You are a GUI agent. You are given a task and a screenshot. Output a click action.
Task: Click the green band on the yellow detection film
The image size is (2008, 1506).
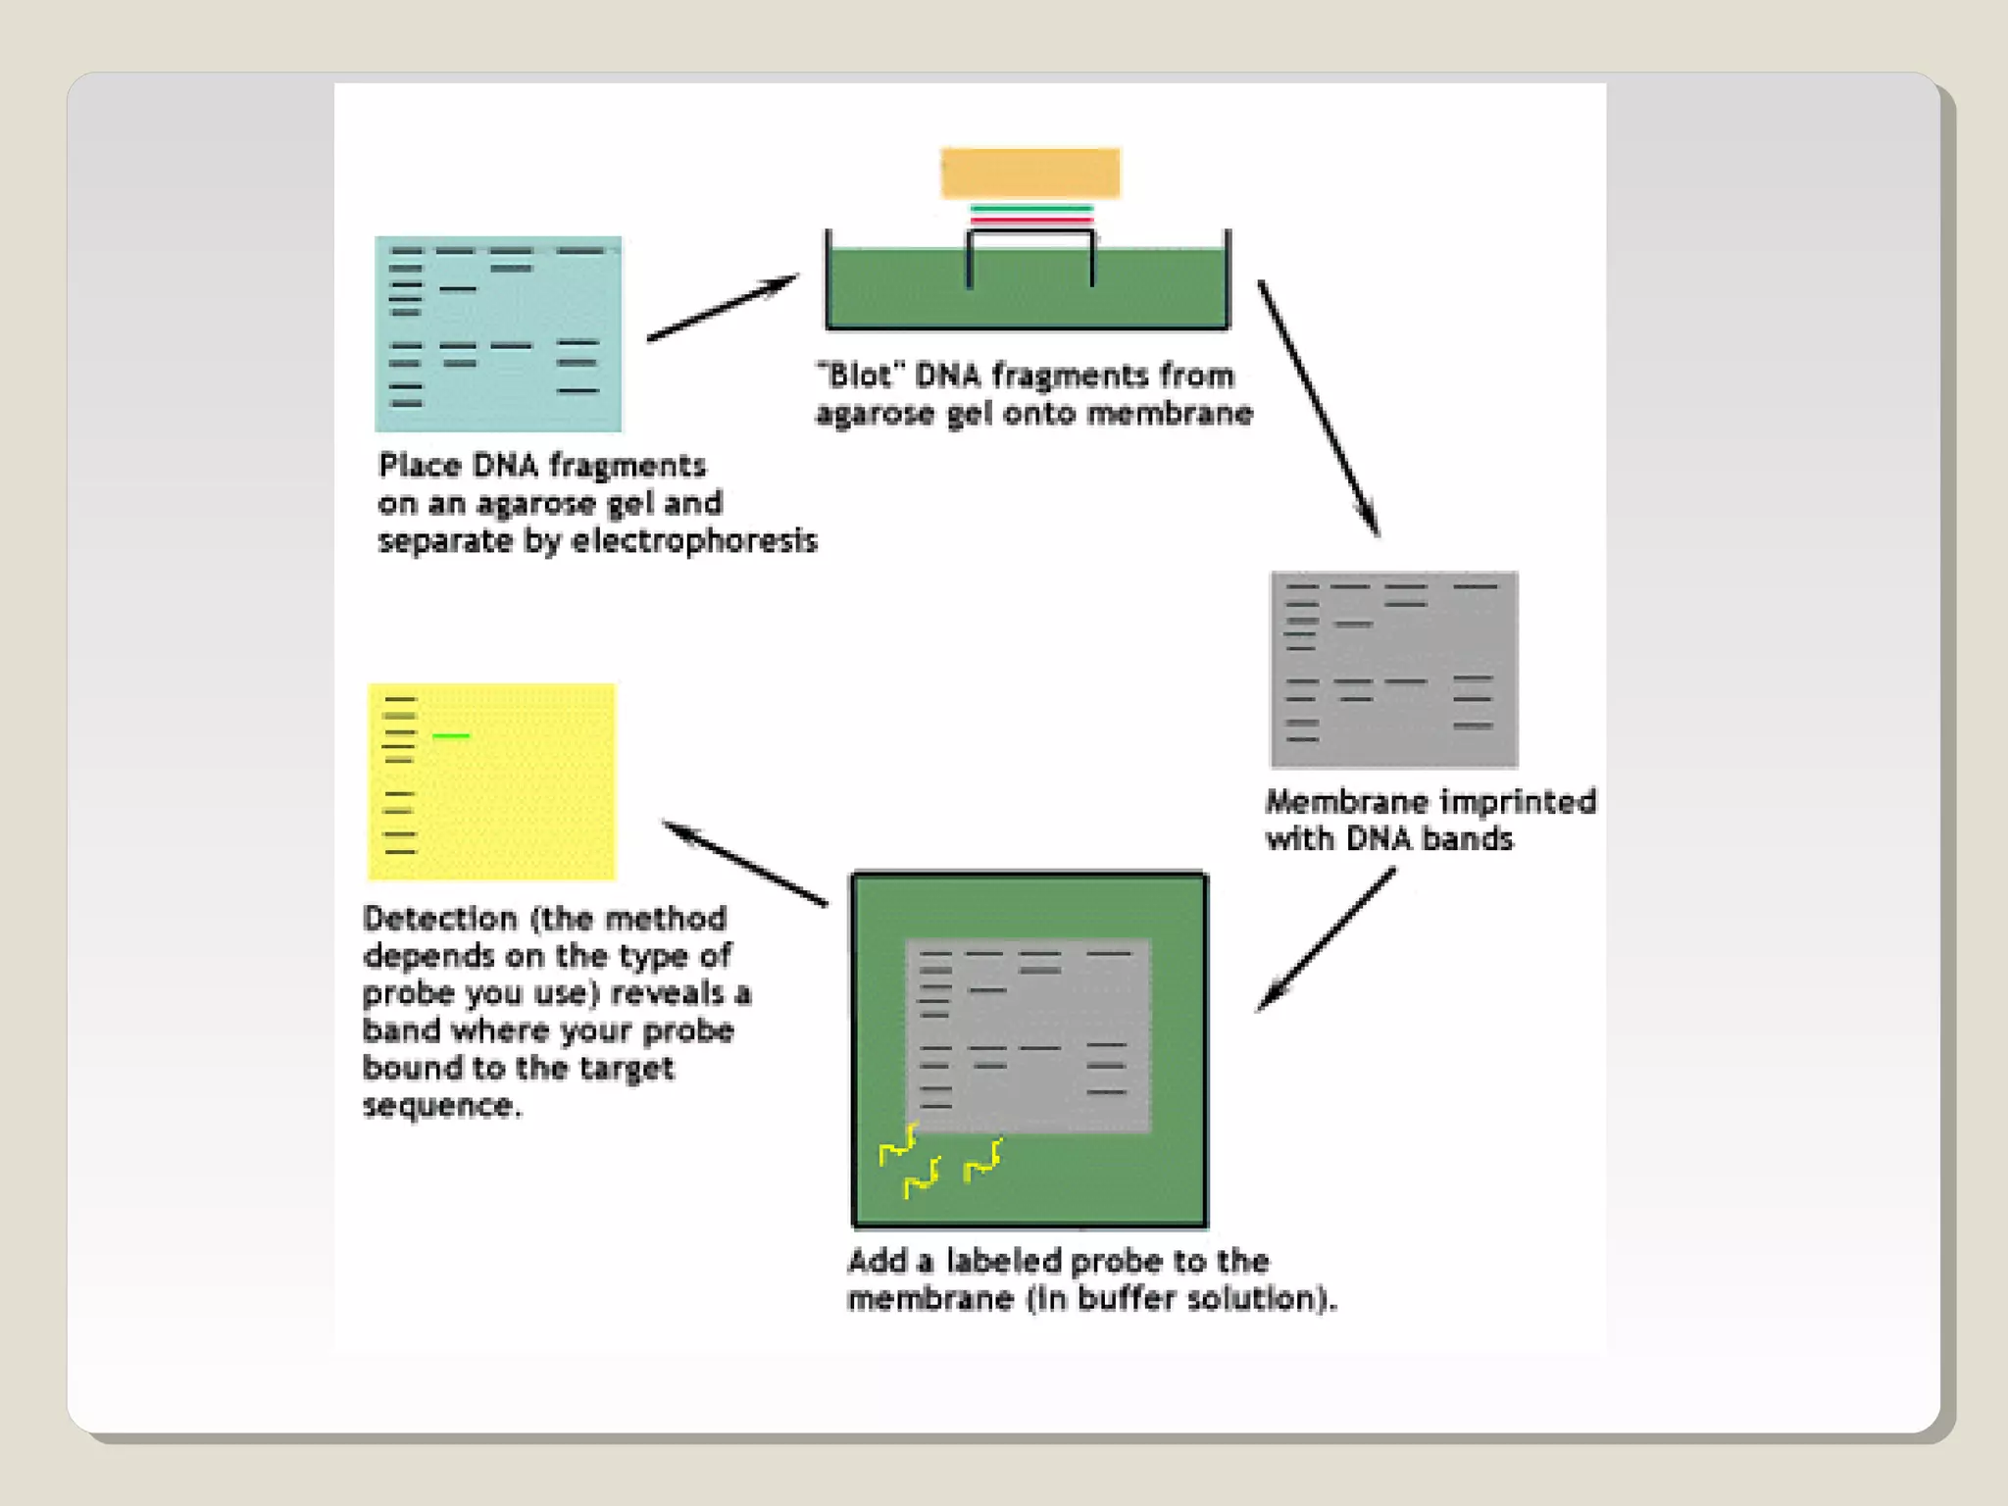pyautogui.click(x=451, y=735)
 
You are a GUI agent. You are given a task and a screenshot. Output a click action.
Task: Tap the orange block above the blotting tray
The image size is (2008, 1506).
pyautogui.click(x=1030, y=174)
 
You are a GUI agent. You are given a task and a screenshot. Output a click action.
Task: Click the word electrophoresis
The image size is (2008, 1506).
pyautogui.click(x=694, y=541)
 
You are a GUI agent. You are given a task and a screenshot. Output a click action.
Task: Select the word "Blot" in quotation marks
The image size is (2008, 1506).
pyautogui.click(x=859, y=376)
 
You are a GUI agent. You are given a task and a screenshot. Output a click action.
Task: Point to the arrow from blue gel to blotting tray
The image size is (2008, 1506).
pyautogui.click(x=723, y=309)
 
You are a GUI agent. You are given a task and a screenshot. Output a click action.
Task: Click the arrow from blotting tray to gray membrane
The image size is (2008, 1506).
pyautogui.click(x=1319, y=408)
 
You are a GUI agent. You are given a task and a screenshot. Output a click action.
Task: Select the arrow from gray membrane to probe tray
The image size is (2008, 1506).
pyautogui.click(x=1326, y=940)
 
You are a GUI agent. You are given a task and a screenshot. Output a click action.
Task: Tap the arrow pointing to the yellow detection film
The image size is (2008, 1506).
pyautogui.click(x=745, y=863)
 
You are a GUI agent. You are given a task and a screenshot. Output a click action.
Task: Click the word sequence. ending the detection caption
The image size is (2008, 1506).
pyautogui.click(x=442, y=1106)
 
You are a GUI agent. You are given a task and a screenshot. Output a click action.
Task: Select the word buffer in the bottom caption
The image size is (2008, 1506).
pyautogui.click(x=1127, y=1299)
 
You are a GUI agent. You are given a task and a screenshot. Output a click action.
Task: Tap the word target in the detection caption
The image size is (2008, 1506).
pyautogui.click(x=627, y=1068)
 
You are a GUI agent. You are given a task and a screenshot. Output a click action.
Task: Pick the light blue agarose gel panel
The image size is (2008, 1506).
pyautogui.click(x=498, y=333)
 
